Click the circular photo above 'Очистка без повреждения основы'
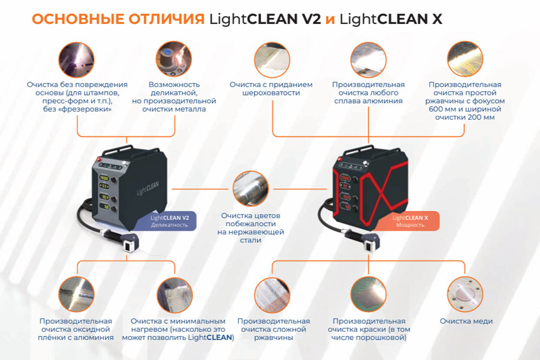(76, 59)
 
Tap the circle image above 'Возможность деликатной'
(174, 59)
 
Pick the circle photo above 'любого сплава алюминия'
(368, 59)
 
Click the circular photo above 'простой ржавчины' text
(465, 59)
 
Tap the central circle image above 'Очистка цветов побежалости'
(251, 188)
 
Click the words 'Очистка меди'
(466, 321)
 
